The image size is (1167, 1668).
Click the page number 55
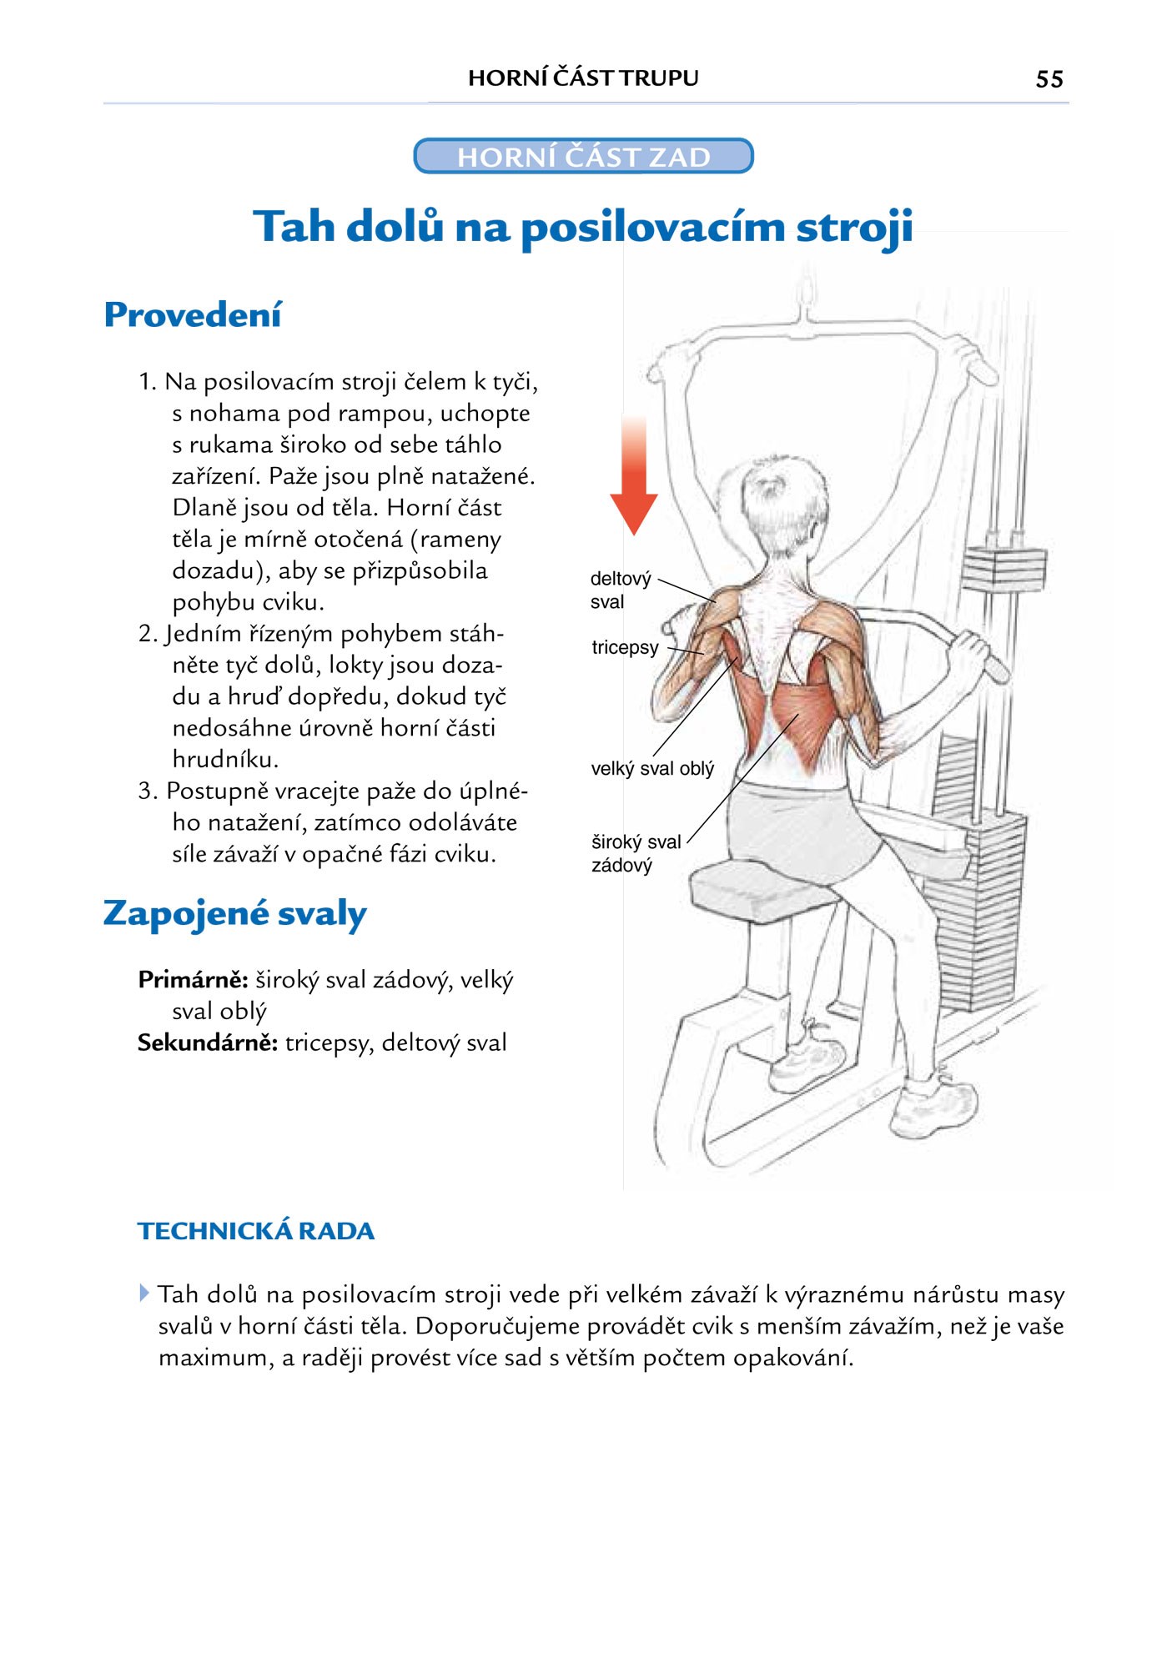coord(1049,79)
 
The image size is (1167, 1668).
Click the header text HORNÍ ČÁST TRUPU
coord(583,78)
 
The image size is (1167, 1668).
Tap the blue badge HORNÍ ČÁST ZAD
coord(583,156)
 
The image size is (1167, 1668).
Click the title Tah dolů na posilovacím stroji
coord(583,227)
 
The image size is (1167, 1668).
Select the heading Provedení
coord(193,315)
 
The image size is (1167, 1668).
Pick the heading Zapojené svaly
coord(234,913)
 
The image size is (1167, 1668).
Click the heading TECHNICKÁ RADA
coord(256,1231)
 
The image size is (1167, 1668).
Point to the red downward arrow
coord(634,475)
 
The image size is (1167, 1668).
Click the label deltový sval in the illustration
coord(619,590)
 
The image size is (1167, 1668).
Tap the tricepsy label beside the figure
coord(625,647)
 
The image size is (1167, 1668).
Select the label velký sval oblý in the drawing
coord(652,769)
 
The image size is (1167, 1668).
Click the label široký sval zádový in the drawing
coord(635,853)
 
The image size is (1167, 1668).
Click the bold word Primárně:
coord(193,979)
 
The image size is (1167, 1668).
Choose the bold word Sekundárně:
coord(207,1042)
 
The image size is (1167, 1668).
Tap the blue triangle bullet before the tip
coord(144,1294)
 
